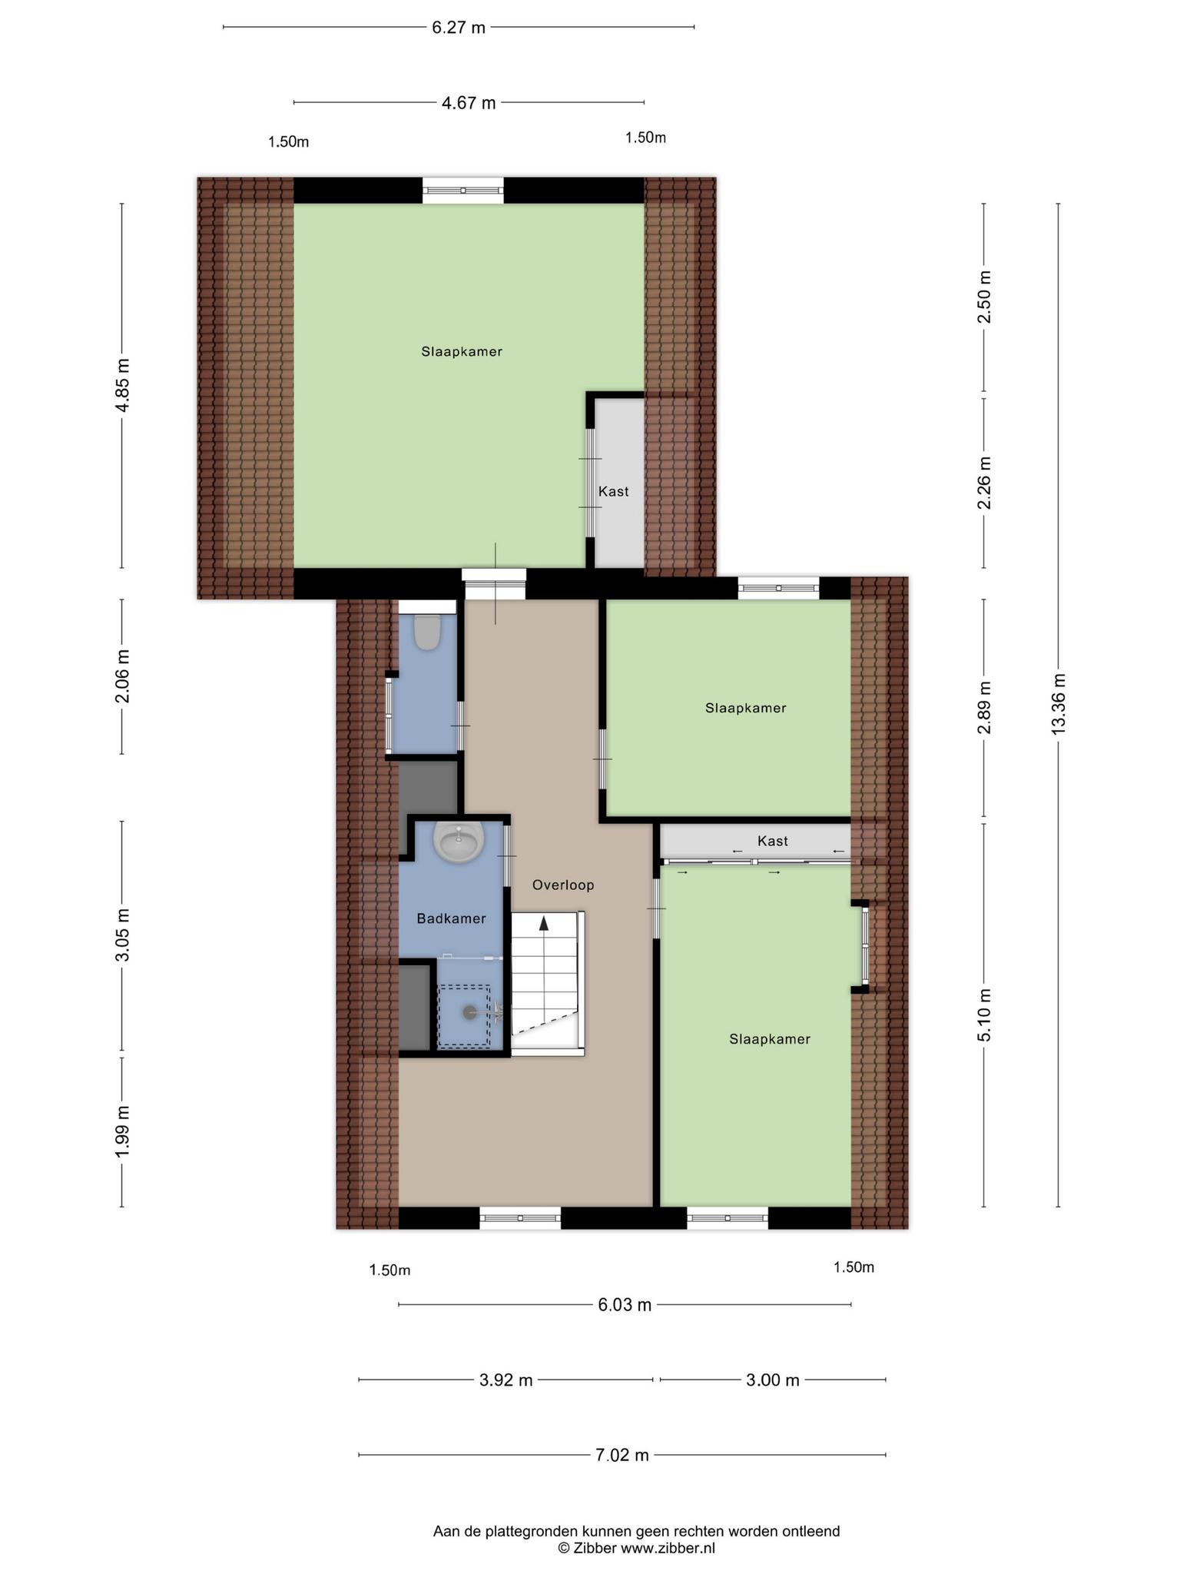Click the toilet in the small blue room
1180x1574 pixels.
point(426,632)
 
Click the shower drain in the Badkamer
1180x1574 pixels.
point(469,1013)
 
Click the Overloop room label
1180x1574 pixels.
point(564,885)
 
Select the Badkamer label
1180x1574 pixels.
point(451,918)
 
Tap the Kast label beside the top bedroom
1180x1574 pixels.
point(614,491)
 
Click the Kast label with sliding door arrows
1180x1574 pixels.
point(773,841)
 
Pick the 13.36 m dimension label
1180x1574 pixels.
point(1059,703)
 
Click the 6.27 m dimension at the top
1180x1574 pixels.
point(459,28)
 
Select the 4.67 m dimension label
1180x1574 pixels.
point(469,103)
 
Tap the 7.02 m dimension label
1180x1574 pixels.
point(622,1455)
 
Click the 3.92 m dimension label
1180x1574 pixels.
point(506,1380)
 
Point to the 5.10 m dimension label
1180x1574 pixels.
point(985,1014)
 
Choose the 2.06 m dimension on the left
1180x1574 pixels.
point(123,676)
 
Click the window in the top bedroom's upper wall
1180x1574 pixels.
point(463,190)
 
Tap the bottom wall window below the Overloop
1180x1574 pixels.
point(520,1218)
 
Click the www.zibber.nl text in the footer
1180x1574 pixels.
point(668,1548)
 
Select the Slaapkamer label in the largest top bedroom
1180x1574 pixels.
point(462,351)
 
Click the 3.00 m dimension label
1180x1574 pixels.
point(773,1380)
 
